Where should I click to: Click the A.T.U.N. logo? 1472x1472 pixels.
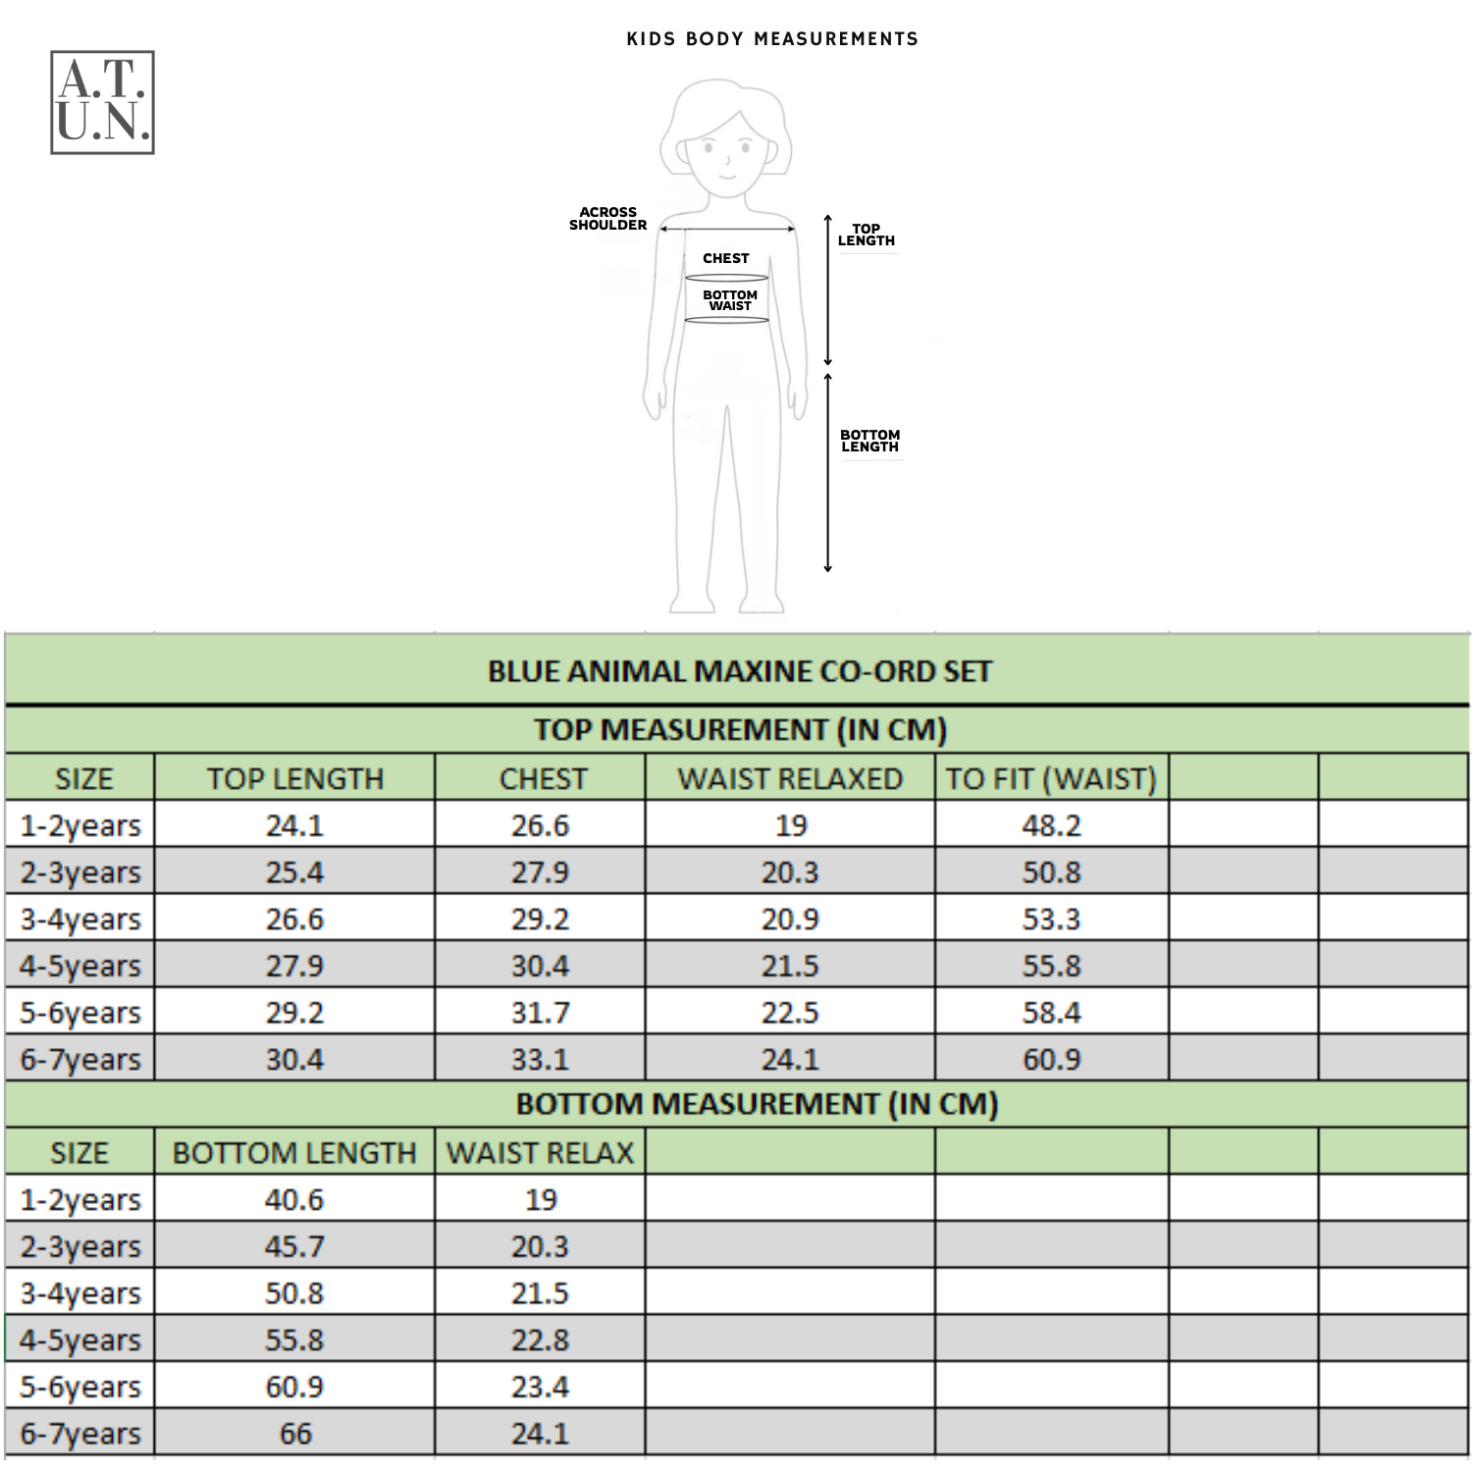point(102,103)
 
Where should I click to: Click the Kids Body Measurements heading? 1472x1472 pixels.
point(772,39)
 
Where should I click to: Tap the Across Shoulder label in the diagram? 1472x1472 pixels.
point(607,219)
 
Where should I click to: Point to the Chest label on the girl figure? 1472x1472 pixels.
point(725,258)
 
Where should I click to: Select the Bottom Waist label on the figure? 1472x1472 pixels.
point(729,300)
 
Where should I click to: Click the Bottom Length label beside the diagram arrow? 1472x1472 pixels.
point(869,441)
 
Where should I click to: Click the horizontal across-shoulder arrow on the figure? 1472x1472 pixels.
point(726,230)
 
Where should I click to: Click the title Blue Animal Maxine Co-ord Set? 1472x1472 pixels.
point(740,671)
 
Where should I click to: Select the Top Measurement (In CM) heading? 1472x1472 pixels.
point(740,730)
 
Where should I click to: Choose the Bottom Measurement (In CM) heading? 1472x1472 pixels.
point(757,1104)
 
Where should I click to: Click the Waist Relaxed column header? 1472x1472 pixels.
point(790,779)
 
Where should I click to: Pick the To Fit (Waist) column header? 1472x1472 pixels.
point(1051,779)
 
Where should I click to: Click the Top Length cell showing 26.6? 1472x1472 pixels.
point(294,920)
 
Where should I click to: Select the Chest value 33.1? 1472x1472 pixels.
point(540,1060)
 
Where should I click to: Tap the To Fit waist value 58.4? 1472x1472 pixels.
point(1051,1013)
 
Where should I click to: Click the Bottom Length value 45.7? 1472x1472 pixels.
point(294,1246)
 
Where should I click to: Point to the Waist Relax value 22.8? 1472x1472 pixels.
point(540,1341)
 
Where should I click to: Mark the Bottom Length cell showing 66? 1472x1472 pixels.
point(294,1434)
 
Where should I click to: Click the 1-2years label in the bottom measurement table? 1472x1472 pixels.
point(80,1200)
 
